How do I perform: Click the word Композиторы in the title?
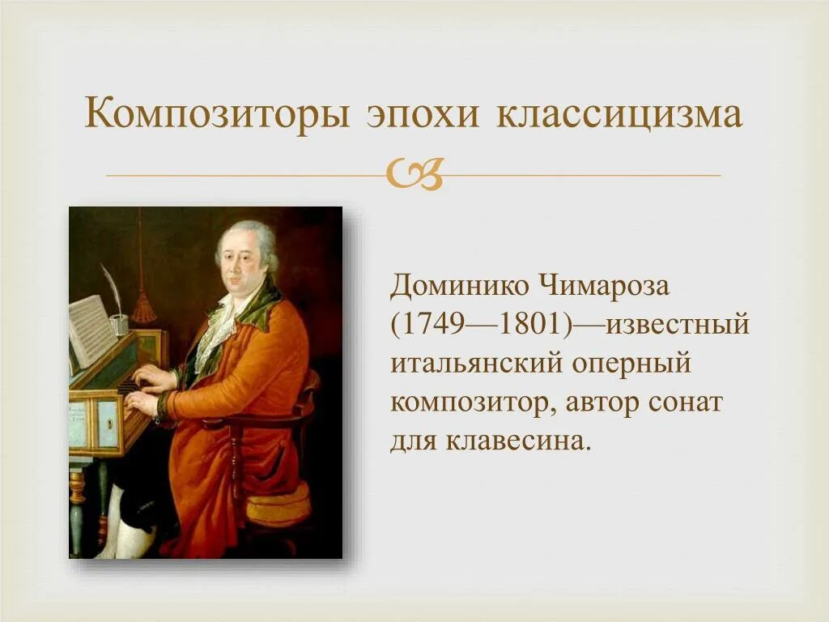click(218, 114)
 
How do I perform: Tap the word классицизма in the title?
click(619, 114)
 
